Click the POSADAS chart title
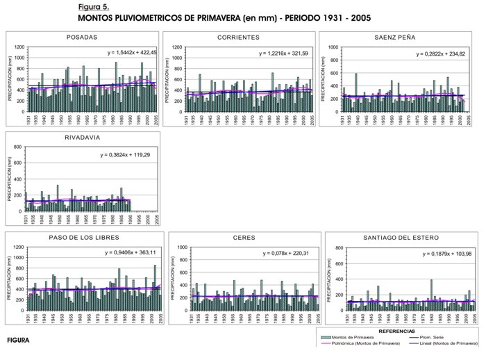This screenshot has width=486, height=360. pos(81,37)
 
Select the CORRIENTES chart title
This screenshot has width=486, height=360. pos(238,37)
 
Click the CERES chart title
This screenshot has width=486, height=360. pos(243,238)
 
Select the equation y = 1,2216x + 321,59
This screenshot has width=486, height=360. pos(286,53)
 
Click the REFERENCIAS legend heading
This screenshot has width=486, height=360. pos(396,332)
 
